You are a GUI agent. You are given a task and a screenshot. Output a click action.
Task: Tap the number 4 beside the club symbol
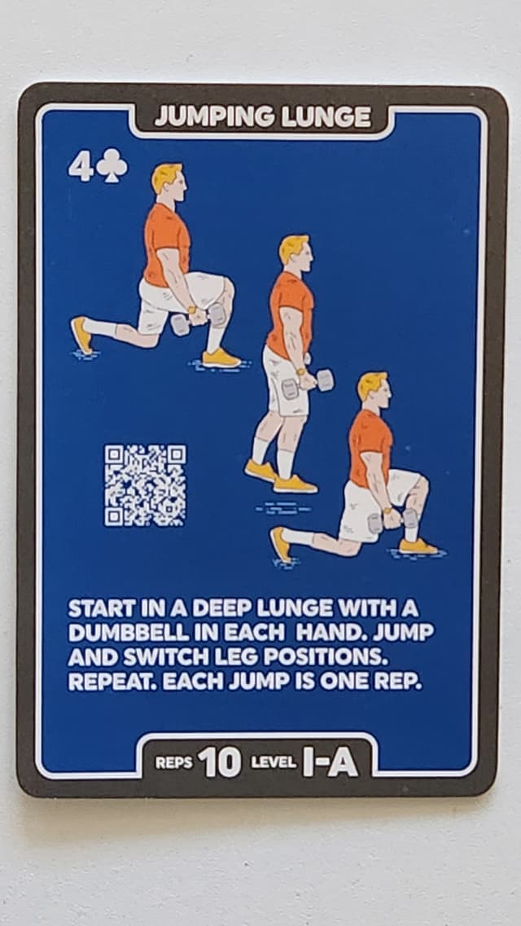point(81,166)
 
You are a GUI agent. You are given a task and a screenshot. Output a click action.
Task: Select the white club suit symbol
point(112,166)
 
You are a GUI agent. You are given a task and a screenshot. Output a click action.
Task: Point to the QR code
point(145,485)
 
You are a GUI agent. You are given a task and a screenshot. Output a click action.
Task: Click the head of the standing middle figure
point(295,252)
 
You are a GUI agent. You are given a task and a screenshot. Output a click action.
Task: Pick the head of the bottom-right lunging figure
point(374,391)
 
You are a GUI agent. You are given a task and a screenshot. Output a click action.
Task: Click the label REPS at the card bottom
point(174,762)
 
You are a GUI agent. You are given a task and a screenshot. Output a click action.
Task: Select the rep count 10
point(219,762)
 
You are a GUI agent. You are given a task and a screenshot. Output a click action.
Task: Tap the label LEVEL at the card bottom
point(273,762)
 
